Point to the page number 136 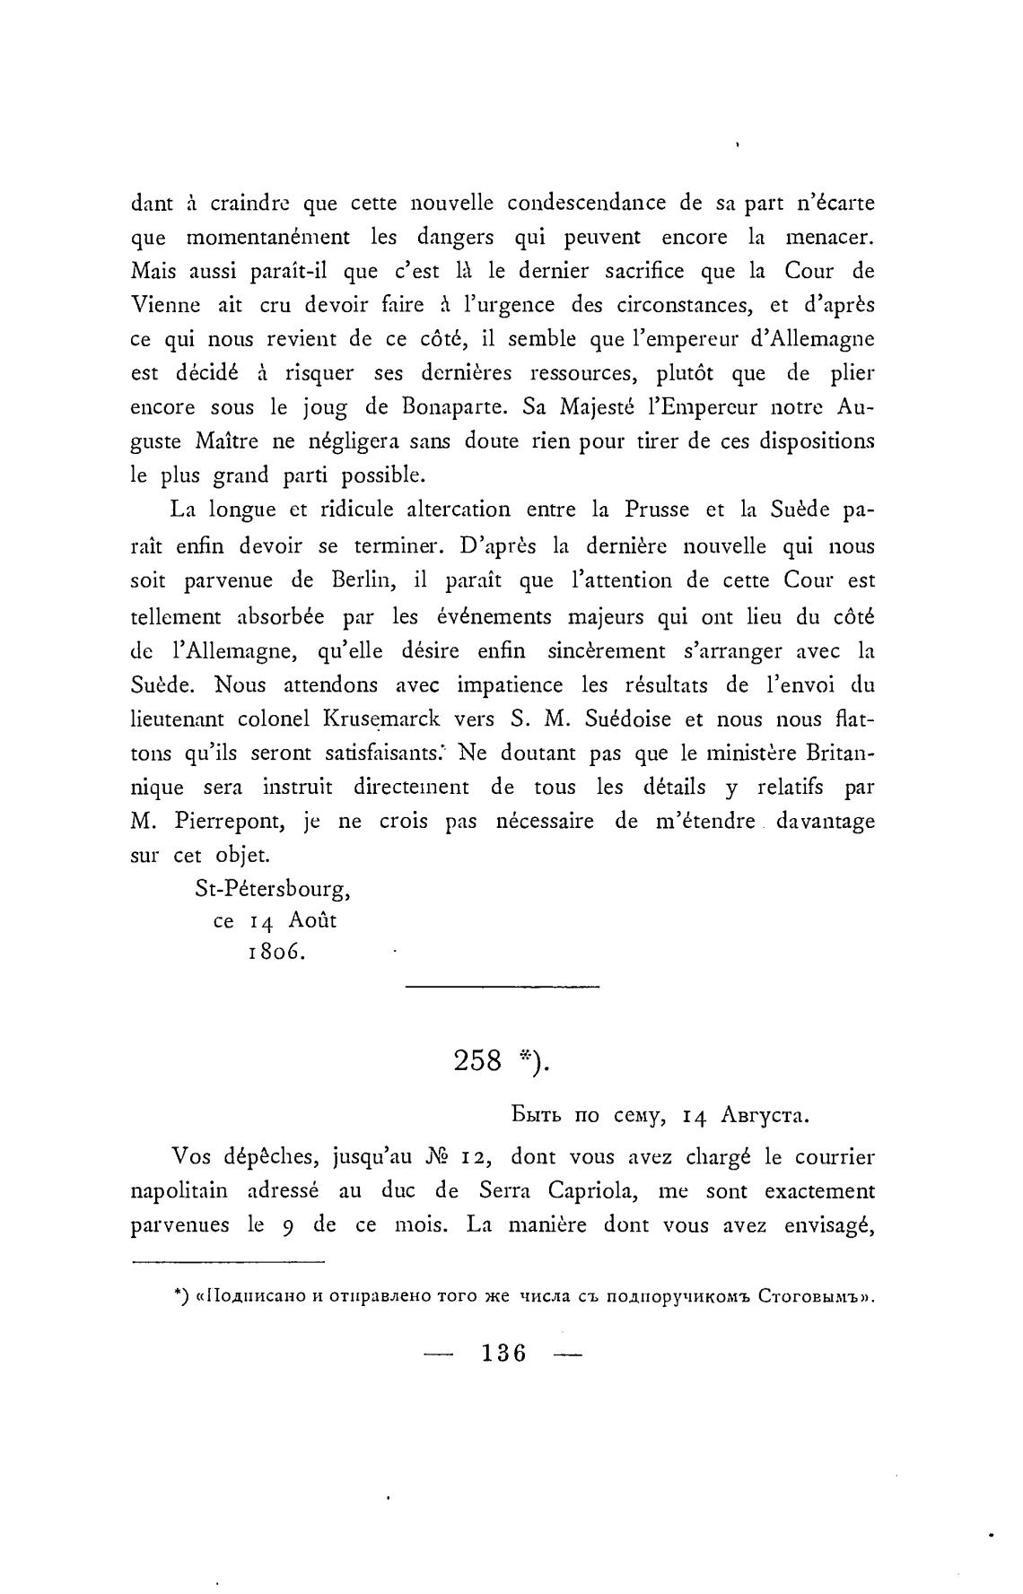click(x=503, y=1353)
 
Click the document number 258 click(x=477, y=1060)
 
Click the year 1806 click(x=276, y=953)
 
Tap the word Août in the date click(x=313, y=920)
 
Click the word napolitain click(x=185, y=1191)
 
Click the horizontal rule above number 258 click(x=503, y=987)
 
